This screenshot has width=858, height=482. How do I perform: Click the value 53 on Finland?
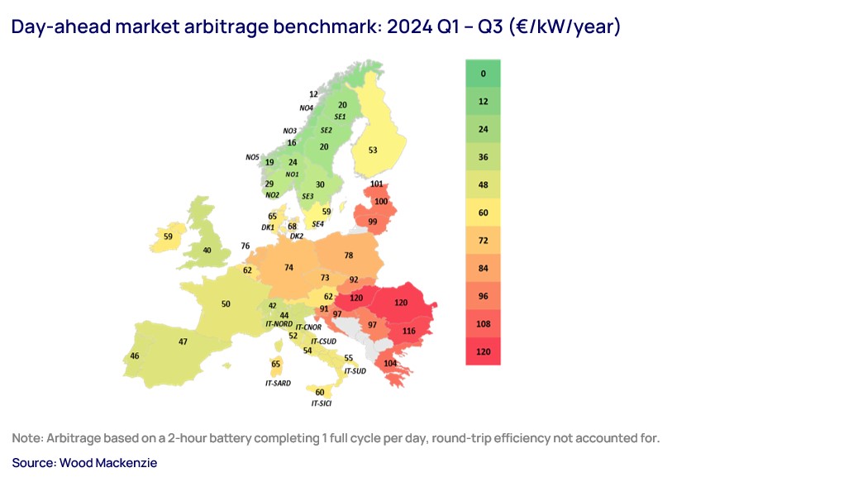373,150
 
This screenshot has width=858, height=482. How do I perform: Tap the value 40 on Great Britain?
207,251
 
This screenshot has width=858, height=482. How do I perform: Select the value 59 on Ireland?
169,236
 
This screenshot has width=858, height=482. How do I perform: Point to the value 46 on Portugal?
135,356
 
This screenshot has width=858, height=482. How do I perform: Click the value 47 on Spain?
183,341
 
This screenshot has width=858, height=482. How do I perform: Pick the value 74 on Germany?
288,268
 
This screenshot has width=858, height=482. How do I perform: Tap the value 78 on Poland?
349,255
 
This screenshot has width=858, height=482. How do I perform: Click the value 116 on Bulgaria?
408,331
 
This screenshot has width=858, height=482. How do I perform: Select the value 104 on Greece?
391,363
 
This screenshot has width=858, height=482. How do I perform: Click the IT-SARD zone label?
278,384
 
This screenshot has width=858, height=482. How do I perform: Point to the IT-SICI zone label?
322,403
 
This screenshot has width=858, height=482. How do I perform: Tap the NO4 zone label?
306,108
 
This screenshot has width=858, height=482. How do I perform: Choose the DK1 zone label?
268,227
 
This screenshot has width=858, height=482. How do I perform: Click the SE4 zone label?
317,224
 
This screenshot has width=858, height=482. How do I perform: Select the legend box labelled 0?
483,74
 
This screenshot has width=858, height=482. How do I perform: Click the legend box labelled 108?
483,324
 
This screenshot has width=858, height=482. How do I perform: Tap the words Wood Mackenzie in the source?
107,463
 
